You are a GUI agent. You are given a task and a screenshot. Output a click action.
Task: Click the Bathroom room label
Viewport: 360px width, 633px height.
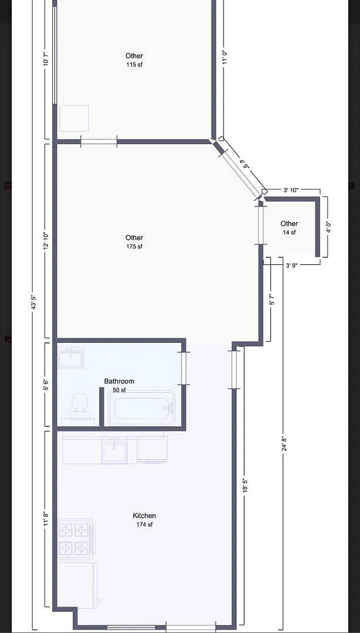[119, 381]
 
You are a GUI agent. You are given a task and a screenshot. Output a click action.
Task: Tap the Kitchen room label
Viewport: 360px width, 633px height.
[144, 516]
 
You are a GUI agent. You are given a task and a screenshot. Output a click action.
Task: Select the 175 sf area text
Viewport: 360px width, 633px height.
[134, 246]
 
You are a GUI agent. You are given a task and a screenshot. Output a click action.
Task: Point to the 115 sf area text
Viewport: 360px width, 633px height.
[134, 64]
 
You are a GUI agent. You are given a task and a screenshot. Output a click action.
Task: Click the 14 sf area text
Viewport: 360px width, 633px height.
[289, 232]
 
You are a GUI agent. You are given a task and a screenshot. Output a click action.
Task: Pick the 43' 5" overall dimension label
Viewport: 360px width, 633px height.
[34, 302]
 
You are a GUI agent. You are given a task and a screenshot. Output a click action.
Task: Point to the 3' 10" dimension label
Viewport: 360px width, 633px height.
[291, 190]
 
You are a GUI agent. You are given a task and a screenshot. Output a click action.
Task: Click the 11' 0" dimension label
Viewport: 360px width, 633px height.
[226, 57]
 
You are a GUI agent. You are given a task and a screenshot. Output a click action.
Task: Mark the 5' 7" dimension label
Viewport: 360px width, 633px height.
[272, 299]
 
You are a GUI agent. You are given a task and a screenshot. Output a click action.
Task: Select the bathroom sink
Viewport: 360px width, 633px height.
[71, 358]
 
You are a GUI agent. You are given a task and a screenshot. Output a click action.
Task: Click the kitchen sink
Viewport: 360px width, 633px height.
[114, 450]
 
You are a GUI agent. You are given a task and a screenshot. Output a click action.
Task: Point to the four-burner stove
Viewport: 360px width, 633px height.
[75, 537]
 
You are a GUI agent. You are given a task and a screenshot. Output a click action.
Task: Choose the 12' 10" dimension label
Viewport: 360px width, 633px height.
[47, 241]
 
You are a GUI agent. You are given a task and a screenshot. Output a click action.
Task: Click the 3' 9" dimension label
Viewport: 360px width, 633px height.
[292, 266]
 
